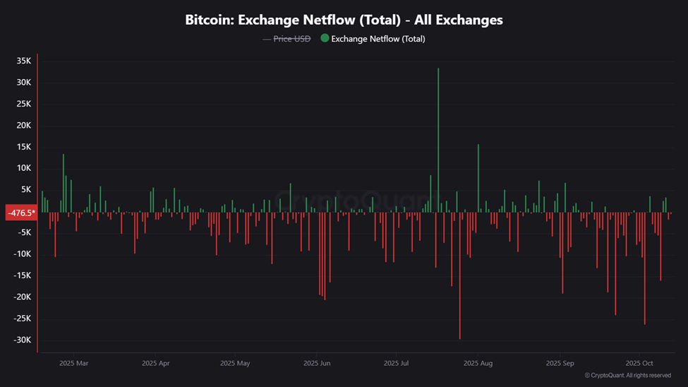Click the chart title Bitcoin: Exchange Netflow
click(344, 20)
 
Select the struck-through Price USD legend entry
click(292, 39)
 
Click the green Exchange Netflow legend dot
click(325, 39)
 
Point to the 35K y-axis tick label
click(24, 61)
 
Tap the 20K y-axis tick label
click(24, 126)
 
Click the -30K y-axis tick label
click(22, 340)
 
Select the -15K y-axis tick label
click(22, 275)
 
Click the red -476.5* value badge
click(20, 213)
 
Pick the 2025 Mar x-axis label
click(74, 364)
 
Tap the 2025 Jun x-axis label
click(316, 364)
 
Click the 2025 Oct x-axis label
click(639, 364)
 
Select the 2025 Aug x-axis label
click(478, 364)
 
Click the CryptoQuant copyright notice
click(627, 375)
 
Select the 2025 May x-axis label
click(235, 364)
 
